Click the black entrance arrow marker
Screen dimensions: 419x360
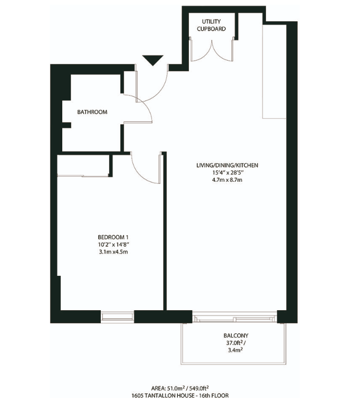click(x=151, y=60)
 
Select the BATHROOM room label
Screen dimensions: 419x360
click(x=92, y=112)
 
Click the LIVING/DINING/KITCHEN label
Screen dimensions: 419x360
click(x=227, y=165)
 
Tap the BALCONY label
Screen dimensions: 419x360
click(x=235, y=336)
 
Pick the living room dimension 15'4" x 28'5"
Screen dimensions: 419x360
click(x=227, y=173)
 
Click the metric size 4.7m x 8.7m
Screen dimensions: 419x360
click(x=227, y=180)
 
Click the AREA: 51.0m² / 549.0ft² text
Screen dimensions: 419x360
click(x=180, y=388)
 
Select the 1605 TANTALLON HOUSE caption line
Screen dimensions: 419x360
click(x=180, y=395)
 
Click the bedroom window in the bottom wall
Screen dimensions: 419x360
click(x=117, y=316)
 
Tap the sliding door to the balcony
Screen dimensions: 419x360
click(x=234, y=317)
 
